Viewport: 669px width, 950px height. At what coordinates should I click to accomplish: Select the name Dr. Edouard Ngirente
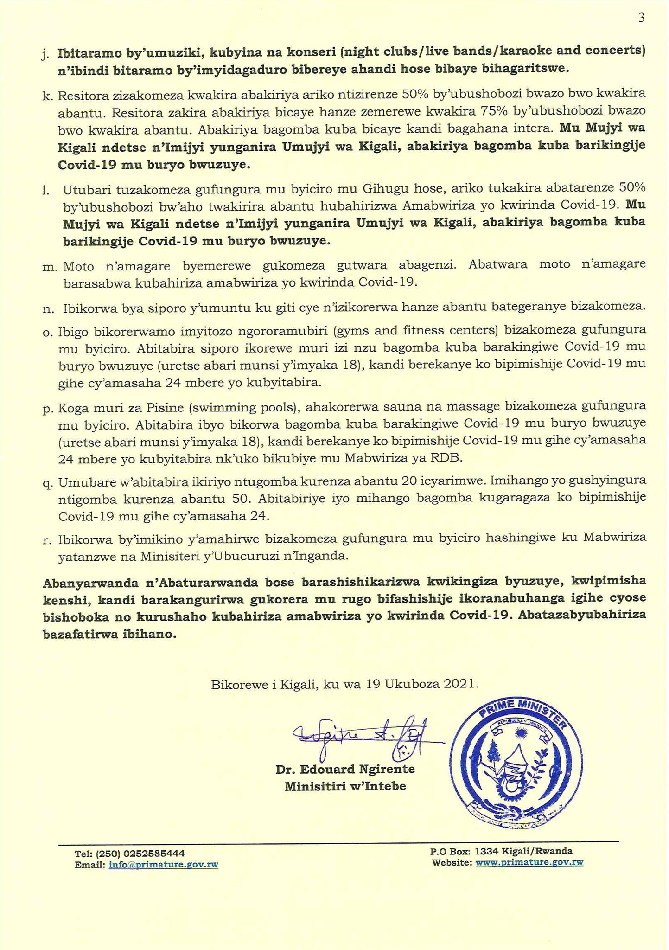[345, 769]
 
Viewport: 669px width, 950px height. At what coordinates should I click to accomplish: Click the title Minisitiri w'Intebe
[345, 786]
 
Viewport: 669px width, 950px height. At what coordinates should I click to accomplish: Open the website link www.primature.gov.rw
[529, 862]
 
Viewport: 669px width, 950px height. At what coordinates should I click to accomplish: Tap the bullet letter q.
[47, 483]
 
